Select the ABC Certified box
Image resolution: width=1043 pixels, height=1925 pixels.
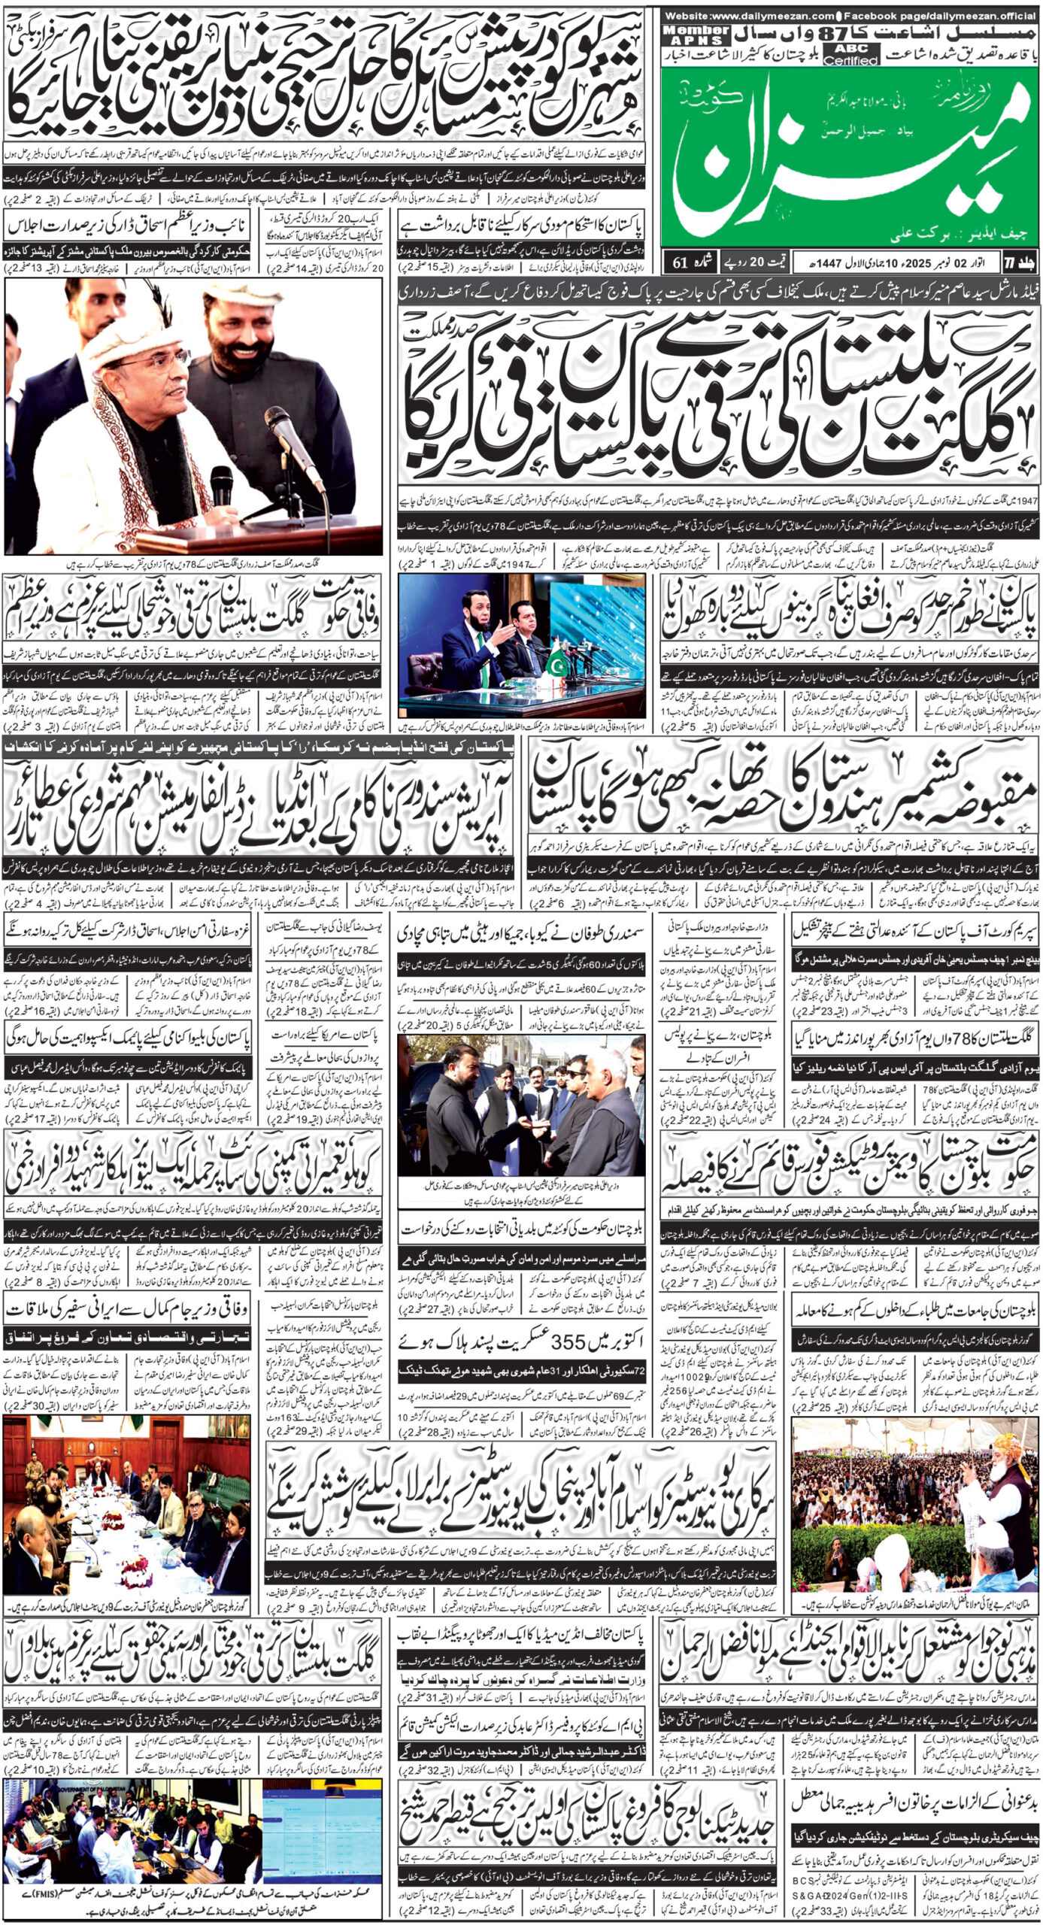point(850,54)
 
